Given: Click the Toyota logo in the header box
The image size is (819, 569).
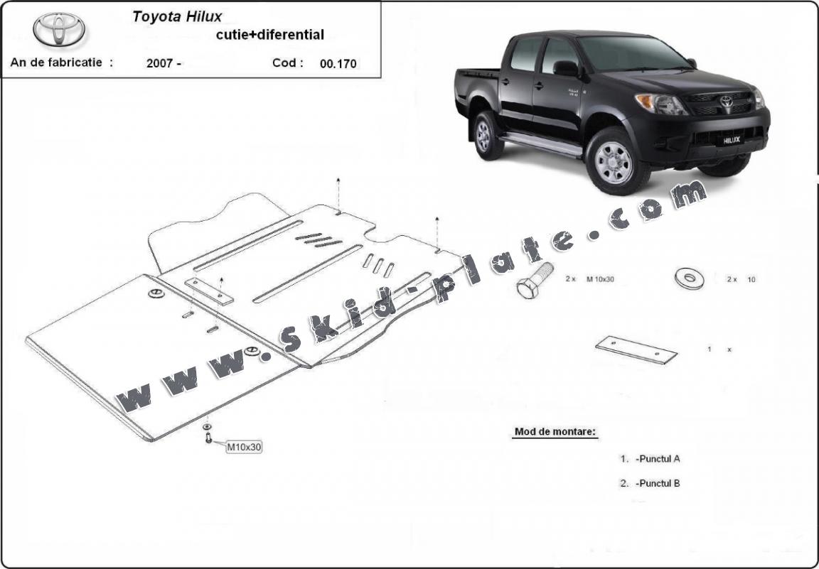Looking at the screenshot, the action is coord(59,29).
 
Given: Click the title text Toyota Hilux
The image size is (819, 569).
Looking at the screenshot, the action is coord(177,17).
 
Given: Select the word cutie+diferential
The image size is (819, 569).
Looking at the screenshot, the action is coord(270,35).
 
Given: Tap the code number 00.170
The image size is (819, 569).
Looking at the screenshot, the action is coord(338,64).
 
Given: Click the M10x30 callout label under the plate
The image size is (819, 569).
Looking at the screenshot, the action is coord(244,447).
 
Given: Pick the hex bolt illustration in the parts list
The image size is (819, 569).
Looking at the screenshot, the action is coord(535,281).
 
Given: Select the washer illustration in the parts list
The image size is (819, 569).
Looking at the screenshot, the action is coord(689,278).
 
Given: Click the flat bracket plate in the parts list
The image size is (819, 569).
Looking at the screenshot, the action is coord(636,349).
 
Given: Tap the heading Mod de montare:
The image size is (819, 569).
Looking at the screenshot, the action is coord(555,432).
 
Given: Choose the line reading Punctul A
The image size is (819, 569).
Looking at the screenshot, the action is coord(658,459).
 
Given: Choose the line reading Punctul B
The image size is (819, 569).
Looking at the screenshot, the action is coord(658,483).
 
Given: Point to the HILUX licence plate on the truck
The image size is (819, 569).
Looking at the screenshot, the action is coord(732,140).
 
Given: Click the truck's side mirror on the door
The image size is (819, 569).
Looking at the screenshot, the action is coord(567,68).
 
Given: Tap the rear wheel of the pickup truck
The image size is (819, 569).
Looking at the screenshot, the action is coord(487,135).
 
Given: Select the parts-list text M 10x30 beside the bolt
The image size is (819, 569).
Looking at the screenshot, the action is coord(600,279).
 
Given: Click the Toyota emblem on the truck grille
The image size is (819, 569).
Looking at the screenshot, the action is coord(727,101).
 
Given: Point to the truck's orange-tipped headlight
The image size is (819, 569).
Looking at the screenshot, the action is coord(659,104).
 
